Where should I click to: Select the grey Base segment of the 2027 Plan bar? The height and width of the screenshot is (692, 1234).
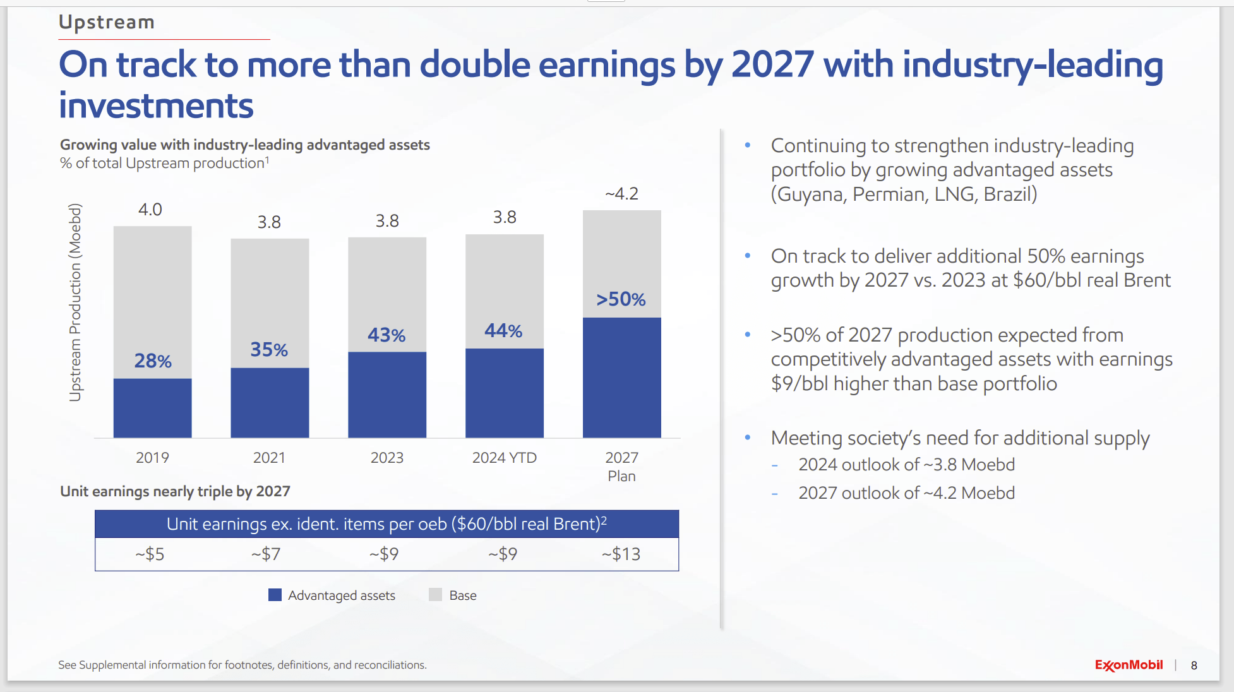coord(621,253)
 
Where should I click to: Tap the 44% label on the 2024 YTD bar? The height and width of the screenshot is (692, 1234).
coord(503,330)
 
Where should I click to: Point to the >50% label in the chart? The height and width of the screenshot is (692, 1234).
coord(621,299)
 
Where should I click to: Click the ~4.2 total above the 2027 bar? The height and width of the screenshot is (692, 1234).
coord(621,194)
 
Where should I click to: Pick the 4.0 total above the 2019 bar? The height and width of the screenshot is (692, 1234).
coord(150,210)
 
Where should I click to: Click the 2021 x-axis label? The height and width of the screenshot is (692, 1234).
coord(269,458)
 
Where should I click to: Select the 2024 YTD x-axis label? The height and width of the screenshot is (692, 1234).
coord(504,458)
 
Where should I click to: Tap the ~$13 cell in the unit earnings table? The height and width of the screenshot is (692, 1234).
coord(621,554)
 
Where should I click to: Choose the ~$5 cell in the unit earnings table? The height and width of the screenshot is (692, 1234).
coord(150,554)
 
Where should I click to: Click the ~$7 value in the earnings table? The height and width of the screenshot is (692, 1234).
coord(266,554)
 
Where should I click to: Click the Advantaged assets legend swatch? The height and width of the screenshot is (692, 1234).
coord(275,595)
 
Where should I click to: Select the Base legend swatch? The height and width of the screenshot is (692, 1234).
coord(435,595)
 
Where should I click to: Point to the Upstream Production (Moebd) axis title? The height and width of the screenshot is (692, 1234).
coord(75,302)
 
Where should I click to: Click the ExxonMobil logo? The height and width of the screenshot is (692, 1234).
coord(1129,665)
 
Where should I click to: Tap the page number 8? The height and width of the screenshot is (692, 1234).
coord(1194,665)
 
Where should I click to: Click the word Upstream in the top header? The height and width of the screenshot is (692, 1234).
coord(106,22)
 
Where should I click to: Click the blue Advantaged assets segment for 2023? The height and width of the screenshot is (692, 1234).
coord(387,395)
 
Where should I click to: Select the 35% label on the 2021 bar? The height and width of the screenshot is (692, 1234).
coord(269,349)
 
